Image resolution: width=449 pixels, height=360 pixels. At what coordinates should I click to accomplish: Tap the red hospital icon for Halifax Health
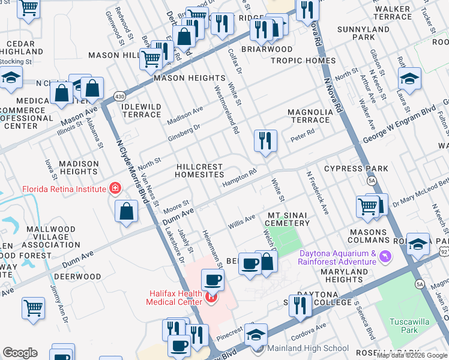(211, 296)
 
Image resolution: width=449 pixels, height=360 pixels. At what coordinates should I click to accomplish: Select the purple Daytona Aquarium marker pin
(384, 257)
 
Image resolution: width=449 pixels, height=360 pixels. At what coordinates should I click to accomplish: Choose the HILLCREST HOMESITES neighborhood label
(199, 171)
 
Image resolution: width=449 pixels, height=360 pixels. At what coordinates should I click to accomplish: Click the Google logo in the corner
(20, 352)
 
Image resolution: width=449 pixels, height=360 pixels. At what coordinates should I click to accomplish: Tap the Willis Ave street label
(242, 222)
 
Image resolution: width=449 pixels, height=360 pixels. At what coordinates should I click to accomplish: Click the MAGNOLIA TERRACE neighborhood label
(309, 116)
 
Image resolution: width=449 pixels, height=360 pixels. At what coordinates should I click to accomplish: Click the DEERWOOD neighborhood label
(77, 277)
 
